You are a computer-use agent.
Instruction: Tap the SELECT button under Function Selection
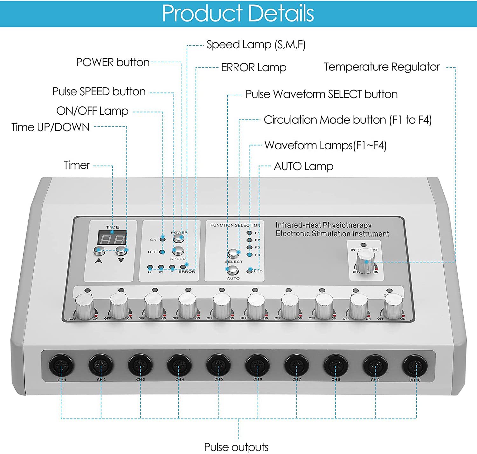pyautogui.click(x=233, y=254)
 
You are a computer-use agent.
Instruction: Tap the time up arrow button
pyautogui.click(x=99, y=251)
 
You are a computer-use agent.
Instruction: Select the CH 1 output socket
pyautogui.click(x=61, y=365)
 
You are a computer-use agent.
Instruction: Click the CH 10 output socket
pyautogui.click(x=415, y=366)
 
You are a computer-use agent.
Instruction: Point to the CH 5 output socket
pyautogui.click(x=218, y=365)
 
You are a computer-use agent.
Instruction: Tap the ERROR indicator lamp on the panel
pyautogui.click(x=183, y=267)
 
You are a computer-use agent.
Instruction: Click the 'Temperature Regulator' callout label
pyautogui.click(x=382, y=67)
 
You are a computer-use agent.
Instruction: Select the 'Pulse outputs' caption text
pyautogui.click(x=236, y=447)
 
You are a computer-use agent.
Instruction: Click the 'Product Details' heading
pyautogui.click(x=238, y=13)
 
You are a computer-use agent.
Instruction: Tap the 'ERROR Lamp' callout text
pyautogui.click(x=253, y=67)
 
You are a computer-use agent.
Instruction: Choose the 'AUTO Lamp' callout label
pyautogui.click(x=303, y=166)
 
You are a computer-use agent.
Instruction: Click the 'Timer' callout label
pyautogui.click(x=77, y=165)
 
